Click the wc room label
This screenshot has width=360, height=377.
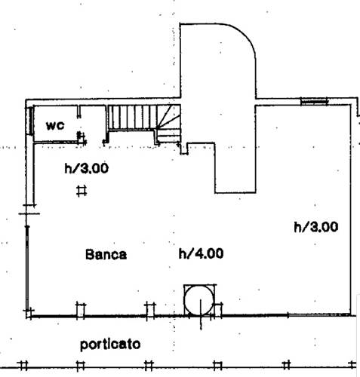coord(55,125)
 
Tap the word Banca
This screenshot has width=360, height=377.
coord(106,254)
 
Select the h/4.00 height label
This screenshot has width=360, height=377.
coord(201,253)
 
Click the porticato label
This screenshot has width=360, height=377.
coord(110,345)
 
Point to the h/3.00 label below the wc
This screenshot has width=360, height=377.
coord(87,168)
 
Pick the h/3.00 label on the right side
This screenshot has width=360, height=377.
coord(316,227)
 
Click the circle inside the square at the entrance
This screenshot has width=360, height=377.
coord(199,300)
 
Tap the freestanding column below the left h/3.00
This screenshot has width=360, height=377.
coord(82,191)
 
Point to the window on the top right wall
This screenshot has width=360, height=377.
coord(315,102)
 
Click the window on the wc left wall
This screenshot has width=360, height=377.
coord(30,121)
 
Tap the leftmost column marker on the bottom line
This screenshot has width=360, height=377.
coord(23,366)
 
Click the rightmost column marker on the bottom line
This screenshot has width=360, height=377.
coord(352,365)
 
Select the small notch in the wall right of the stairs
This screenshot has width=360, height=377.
coord(184,149)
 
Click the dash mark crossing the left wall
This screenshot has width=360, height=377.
coord(29,214)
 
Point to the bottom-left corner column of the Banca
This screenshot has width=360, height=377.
coord(29,313)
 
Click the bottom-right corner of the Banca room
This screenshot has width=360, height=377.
coord(350,314)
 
